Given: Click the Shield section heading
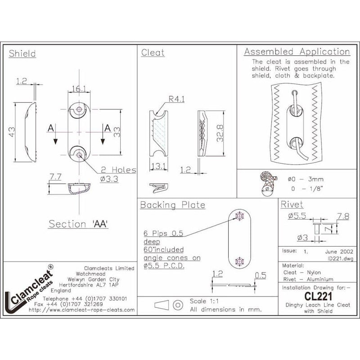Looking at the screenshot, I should (x=22, y=54).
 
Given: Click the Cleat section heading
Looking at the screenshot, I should (x=153, y=53).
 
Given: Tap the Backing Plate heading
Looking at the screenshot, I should (x=173, y=205).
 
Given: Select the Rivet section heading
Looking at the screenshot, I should (x=292, y=205).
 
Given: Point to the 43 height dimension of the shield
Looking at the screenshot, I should (x=13, y=132).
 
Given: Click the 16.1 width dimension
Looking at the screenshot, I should (x=79, y=89).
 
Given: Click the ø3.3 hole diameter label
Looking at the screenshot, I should (x=109, y=179).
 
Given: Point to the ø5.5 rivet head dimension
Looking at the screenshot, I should (x=297, y=216).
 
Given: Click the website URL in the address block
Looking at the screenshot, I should (x=81, y=310).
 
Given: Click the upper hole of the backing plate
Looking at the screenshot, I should (x=238, y=216).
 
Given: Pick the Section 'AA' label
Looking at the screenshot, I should (x=79, y=224).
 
